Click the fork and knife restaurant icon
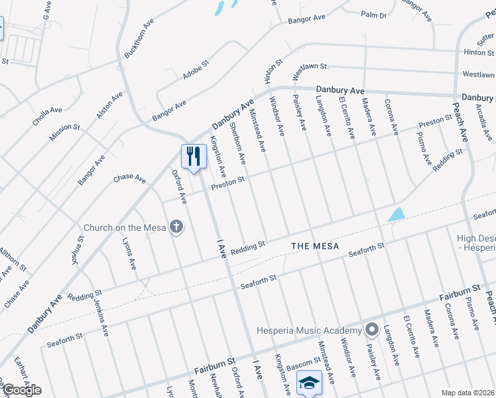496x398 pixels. (x=193, y=157)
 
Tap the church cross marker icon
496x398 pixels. (x=176, y=228)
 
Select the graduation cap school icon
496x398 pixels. (x=309, y=382)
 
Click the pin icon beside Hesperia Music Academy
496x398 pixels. (x=371, y=330)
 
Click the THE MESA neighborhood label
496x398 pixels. (x=315, y=246)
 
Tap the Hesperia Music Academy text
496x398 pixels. (x=310, y=330)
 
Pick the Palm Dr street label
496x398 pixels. (x=373, y=14)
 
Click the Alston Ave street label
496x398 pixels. (x=109, y=105)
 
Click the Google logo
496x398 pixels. (x=21, y=390)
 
